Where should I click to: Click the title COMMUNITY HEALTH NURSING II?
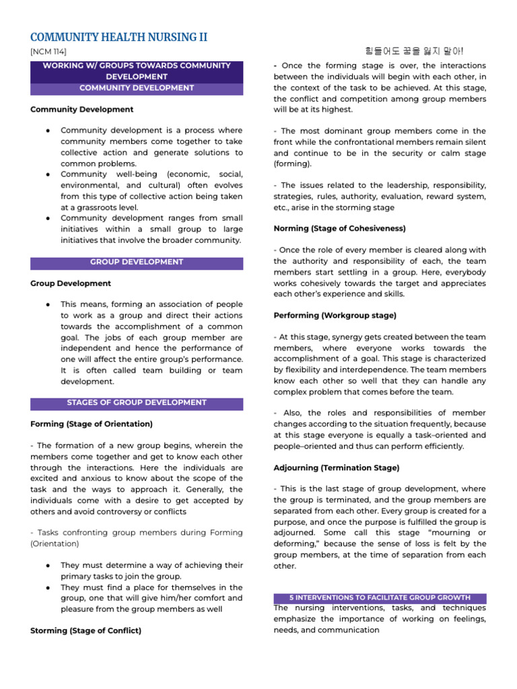[x=118, y=36]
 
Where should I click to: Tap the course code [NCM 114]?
[x=48, y=52]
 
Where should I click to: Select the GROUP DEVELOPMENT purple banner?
[x=137, y=262]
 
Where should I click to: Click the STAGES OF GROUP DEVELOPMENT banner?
[x=137, y=403]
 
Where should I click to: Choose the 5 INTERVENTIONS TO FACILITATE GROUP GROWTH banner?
[x=380, y=597]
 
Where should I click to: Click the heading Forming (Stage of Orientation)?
[x=92, y=424]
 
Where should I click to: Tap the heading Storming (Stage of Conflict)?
[x=85, y=630]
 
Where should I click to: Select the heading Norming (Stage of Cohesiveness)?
[x=339, y=229]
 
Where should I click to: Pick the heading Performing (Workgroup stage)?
[x=335, y=315]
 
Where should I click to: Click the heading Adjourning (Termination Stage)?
[x=337, y=468]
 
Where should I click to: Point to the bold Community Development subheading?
[x=82, y=109]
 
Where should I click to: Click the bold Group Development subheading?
[x=71, y=283]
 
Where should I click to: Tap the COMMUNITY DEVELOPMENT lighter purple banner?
[x=137, y=88]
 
